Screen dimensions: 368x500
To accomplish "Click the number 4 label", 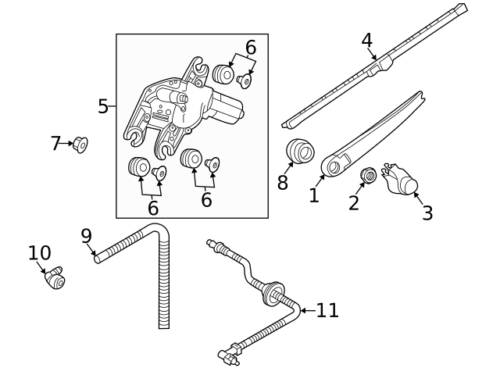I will click(x=367, y=39).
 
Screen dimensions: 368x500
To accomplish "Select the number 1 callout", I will click(x=314, y=195).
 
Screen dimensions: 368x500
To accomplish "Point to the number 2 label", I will click(x=354, y=203).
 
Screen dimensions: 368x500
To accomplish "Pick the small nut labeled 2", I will click(x=366, y=176).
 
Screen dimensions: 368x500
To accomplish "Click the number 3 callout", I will click(x=427, y=212).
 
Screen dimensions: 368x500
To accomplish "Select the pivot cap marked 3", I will click(x=402, y=180).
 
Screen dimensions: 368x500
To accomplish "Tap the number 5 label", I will click(x=103, y=106).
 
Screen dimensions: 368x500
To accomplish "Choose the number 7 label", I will click(x=55, y=144).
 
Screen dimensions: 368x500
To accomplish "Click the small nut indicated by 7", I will click(x=80, y=145).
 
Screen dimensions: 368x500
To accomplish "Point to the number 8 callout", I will click(x=283, y=183).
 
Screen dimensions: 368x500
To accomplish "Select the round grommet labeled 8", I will click(x=298, y=150).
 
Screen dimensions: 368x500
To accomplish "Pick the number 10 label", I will click(x=39, y=253).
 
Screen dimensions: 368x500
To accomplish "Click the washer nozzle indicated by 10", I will click(x=56, y=277).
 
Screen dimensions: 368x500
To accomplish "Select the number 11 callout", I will click(x=327, y=310).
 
